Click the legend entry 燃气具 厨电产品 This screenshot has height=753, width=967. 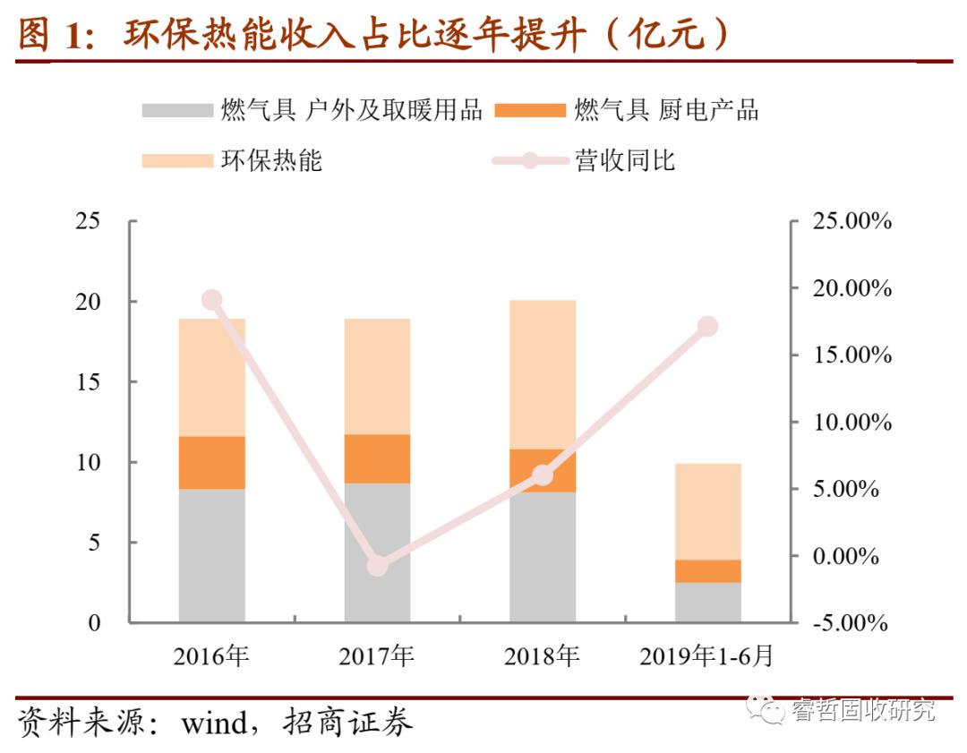(666, 110)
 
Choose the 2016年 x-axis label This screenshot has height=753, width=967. (211, 656)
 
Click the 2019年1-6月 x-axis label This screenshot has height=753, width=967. (706, 656)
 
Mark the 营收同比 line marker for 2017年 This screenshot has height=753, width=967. (378, 566)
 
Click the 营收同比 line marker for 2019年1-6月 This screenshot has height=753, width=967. (708, 327)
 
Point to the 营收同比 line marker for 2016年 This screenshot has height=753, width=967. (212, 300)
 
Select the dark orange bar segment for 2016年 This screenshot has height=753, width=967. (212, 462)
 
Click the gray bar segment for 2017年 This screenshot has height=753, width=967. (378, 553)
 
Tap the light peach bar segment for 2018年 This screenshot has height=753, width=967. (543, 374)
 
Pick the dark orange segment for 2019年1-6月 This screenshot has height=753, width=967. (708, 571)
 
